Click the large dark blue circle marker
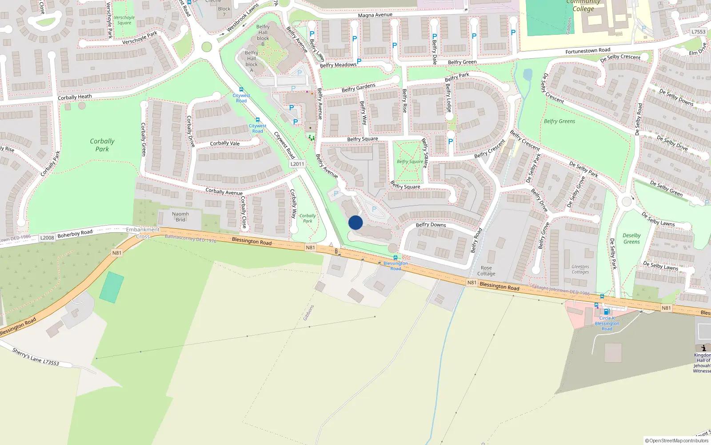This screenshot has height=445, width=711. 355,222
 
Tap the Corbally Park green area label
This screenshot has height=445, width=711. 102,145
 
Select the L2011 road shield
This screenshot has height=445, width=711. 297,164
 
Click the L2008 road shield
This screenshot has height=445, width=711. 47,238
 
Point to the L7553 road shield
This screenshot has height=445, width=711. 698,32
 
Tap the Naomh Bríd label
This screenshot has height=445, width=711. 180,217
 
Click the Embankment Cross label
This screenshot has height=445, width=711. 143,233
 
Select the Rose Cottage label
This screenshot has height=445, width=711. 486,271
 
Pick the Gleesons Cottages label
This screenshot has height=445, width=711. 580,269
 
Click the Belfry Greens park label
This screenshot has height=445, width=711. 559,121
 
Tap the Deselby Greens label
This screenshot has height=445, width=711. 631,239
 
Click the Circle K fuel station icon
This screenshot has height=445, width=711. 606,311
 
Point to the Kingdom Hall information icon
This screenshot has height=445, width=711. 703,348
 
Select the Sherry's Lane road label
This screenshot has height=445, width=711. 36,356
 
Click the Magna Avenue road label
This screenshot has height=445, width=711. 375,15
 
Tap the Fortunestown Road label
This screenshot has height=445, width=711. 587,51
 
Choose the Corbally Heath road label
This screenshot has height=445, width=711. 75,97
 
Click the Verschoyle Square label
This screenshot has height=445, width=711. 124,20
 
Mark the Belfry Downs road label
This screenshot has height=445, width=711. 431,225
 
